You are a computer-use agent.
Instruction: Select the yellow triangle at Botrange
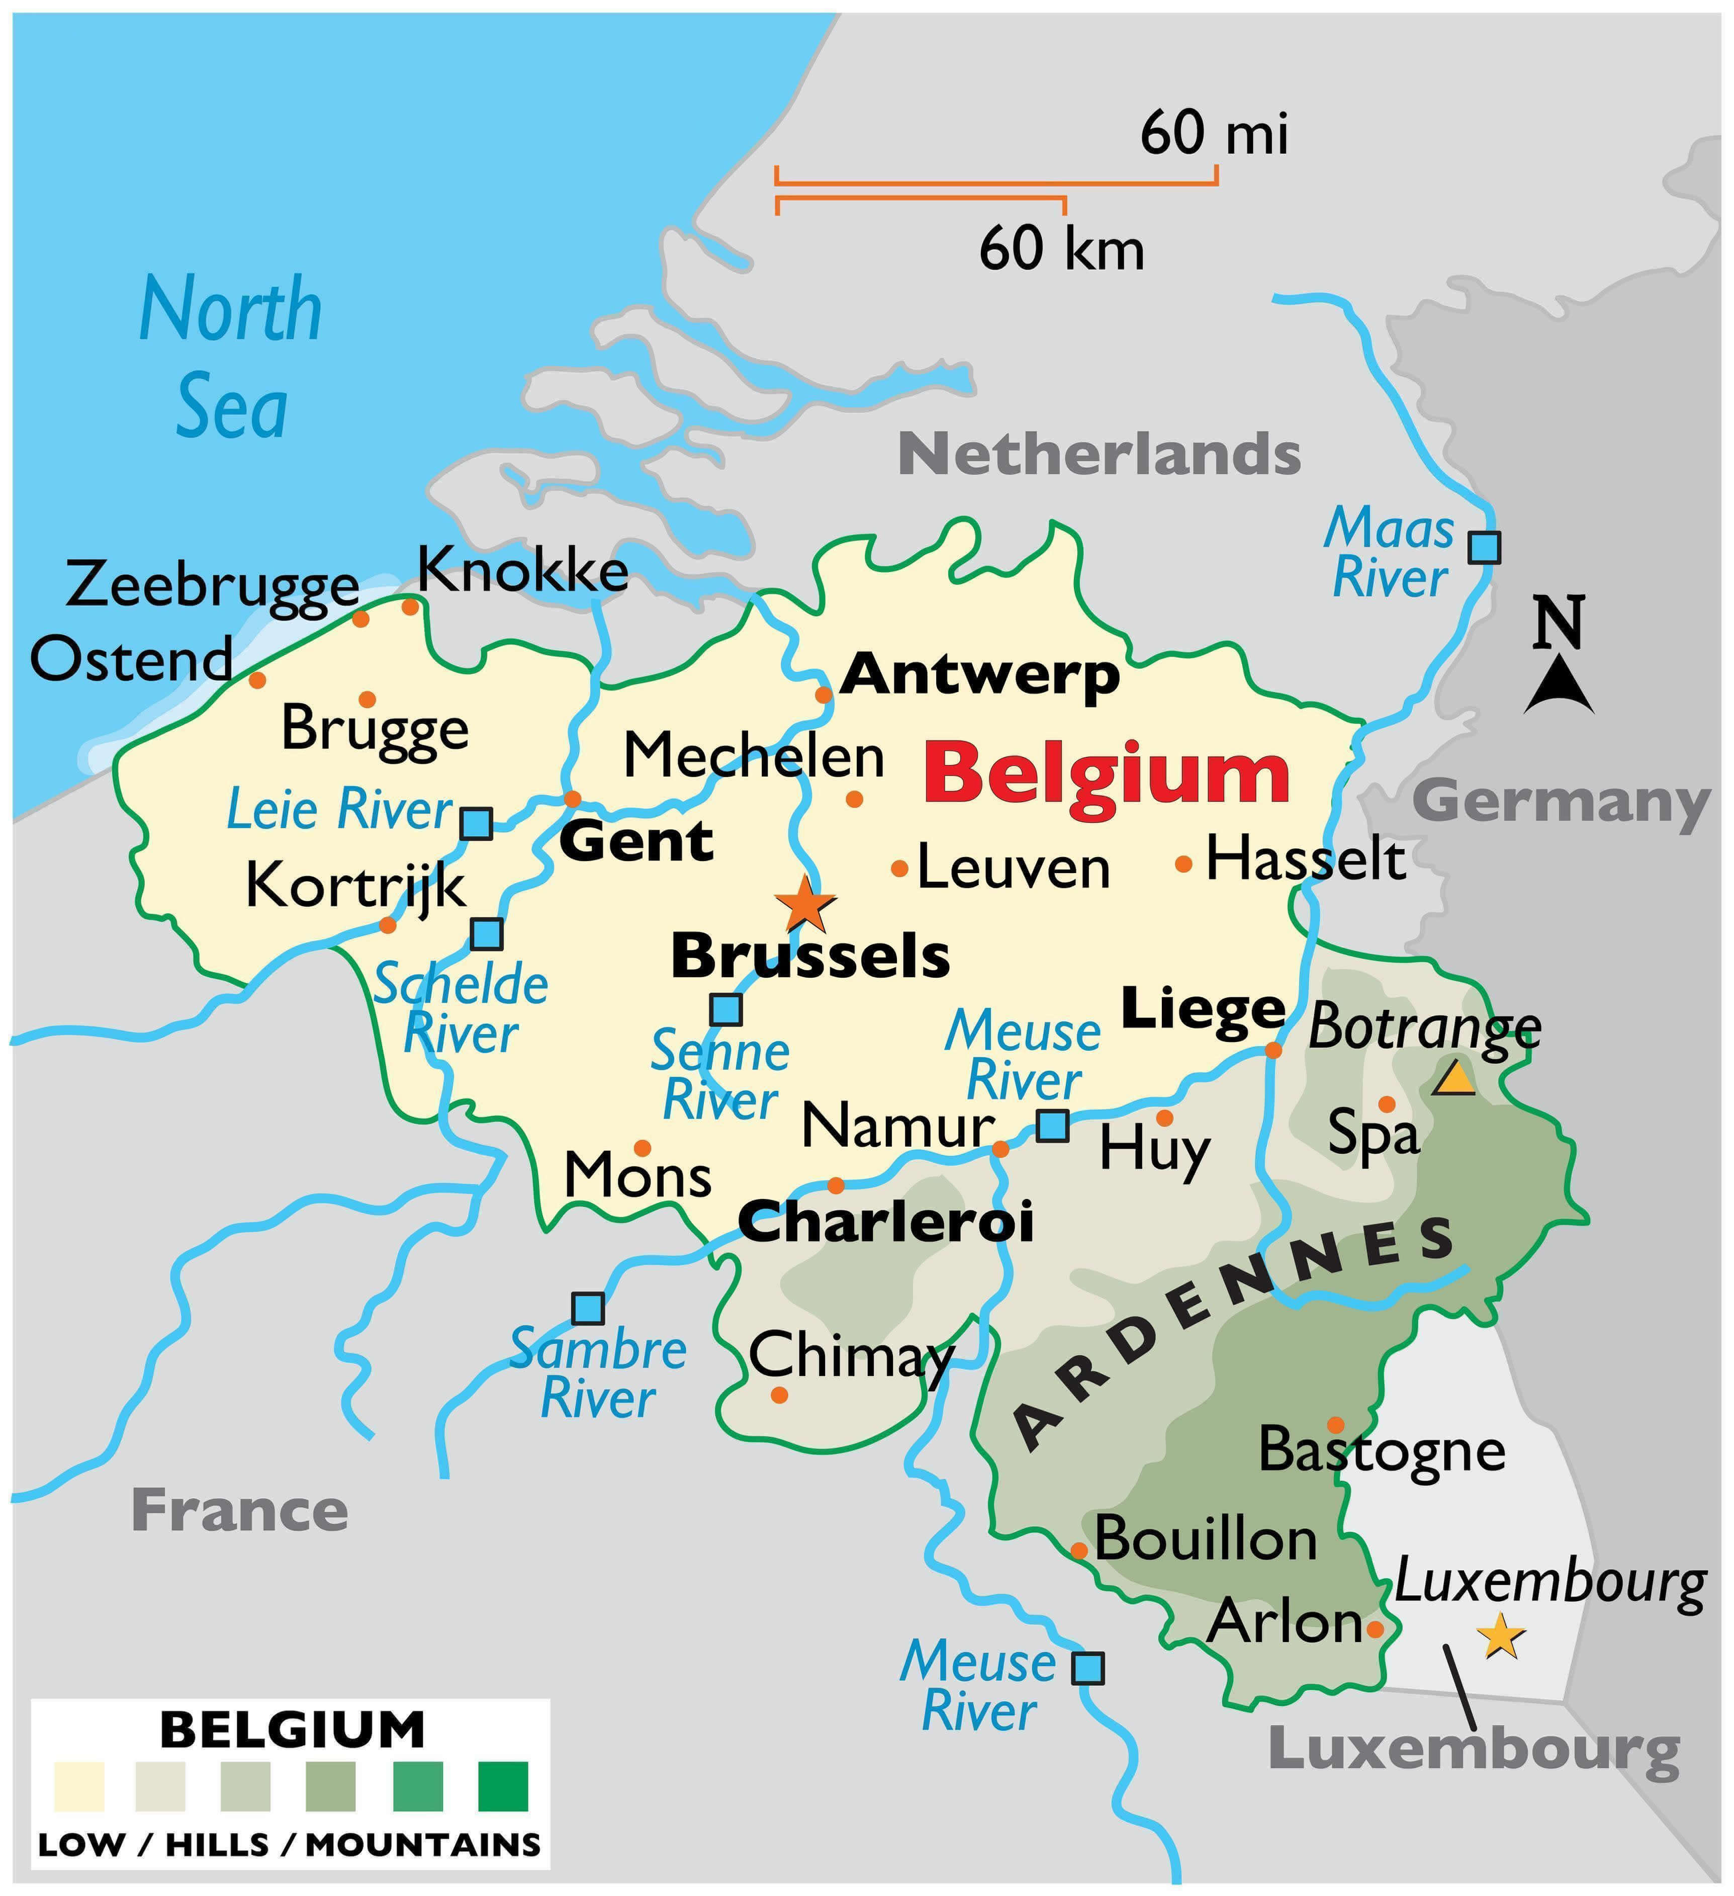[1454, 1079]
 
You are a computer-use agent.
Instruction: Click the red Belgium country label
[1106, 773]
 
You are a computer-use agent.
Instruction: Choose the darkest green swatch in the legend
[503, 1787]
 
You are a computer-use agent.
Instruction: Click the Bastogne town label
[1382, 1449]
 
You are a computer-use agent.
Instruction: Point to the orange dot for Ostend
[257, 679]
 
